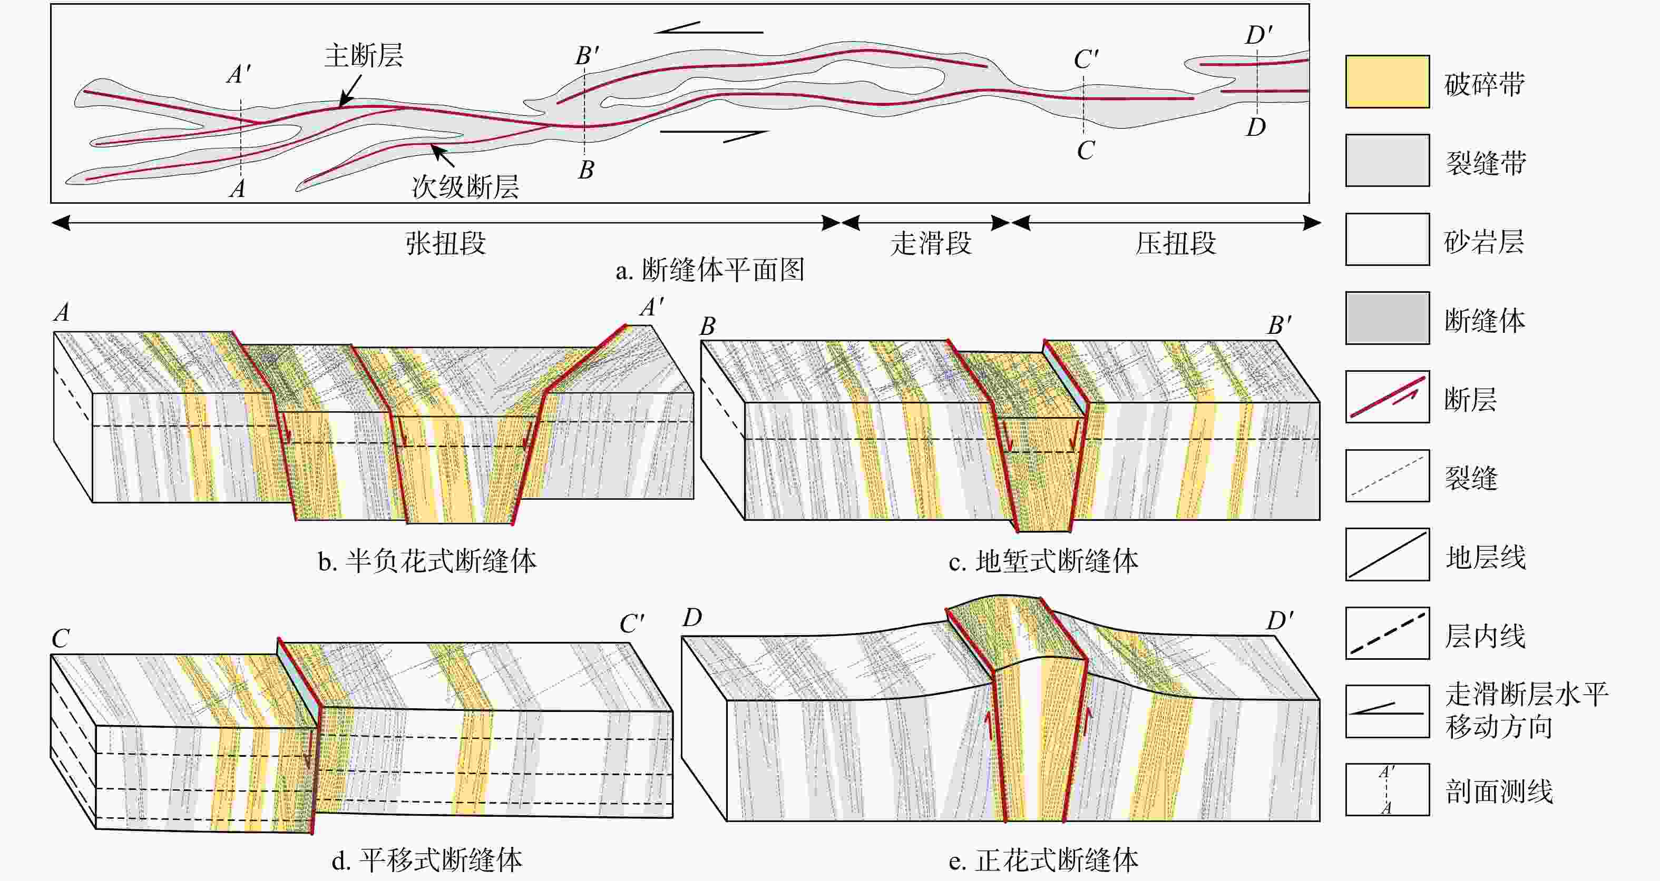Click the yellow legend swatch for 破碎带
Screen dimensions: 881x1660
(1387, 82)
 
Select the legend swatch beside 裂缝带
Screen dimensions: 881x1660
(1387, 161)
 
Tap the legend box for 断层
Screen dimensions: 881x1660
(1387, 397)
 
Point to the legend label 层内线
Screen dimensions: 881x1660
(1485, 636)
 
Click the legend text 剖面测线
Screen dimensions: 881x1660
(1499, 791)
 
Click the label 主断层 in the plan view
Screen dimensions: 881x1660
(364, 56)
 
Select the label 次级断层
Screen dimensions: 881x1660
(465, 187)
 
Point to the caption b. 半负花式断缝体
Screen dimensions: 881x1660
(427, 561)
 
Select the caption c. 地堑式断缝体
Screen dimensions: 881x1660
(1043, 561)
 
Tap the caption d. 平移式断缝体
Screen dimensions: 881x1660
(427, 860)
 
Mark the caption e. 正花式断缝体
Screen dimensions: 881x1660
(1043, 860)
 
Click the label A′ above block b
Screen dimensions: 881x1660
(651, 308)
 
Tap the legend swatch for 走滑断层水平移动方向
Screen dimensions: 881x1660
(1387, 711)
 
